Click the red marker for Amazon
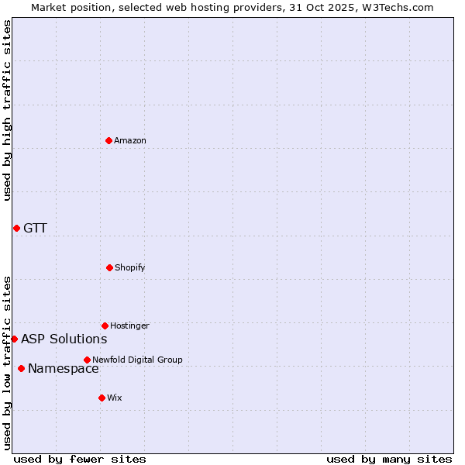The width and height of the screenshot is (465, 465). pos(109,140)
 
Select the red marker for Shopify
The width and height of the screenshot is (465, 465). pos(109,267)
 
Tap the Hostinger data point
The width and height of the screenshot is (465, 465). pos(105,325)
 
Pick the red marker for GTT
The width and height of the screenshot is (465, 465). pos(16,228)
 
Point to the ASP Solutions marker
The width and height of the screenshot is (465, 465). pos(14,339)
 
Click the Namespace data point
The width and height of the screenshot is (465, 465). pos(21,368)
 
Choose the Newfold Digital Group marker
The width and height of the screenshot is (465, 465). pos(87,360)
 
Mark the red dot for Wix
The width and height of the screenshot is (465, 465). pos(102,398)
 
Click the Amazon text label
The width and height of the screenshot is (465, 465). pos(130,140)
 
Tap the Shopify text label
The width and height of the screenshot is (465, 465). pos(130,267)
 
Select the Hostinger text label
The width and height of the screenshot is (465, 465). pos(129,325)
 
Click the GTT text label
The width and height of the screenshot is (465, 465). pos(35,228)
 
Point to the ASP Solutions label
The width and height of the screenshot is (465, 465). pos(64,339)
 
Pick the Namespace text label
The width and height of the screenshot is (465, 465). pos(64,369)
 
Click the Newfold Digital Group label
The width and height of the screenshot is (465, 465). pos(138,360)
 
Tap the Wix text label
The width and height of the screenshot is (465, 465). pos(115,398)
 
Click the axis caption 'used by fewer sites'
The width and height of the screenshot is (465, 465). pos(80,459)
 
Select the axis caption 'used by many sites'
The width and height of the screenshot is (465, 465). pos(389,459)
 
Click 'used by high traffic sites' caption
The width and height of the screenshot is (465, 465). pos(7,110)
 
